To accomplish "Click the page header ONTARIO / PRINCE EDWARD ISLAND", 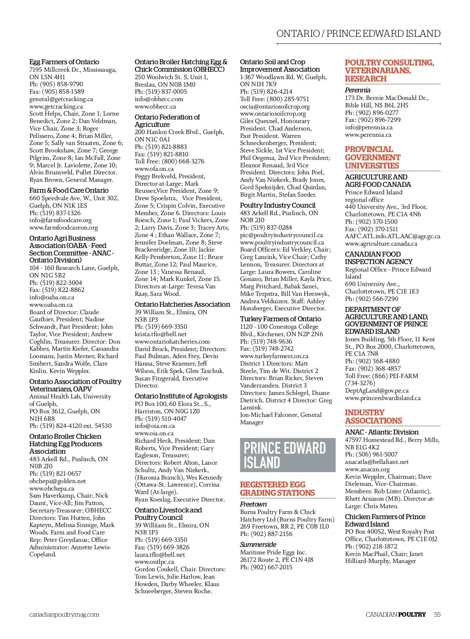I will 358,34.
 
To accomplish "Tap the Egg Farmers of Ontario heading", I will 64,62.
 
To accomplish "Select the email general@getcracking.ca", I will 61,99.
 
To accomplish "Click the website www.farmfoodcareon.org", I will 63,228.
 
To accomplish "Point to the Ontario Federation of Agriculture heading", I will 167,121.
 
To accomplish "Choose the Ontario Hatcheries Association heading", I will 182,304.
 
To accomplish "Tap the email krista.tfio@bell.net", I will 161,334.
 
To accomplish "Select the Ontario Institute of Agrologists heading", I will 181,396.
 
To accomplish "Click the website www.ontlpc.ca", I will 154,562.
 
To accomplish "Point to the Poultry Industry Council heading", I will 278,205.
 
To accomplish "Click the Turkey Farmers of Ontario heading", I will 280,319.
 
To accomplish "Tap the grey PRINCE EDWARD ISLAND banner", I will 287,455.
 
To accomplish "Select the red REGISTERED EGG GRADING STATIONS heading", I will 277,489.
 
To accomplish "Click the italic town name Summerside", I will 258,545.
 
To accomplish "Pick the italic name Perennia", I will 358,90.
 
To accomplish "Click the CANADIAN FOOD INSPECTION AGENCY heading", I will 378,258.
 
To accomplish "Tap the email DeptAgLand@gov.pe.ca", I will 376,391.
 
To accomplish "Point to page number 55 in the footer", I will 437,614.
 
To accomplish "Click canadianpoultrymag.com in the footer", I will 64,614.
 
